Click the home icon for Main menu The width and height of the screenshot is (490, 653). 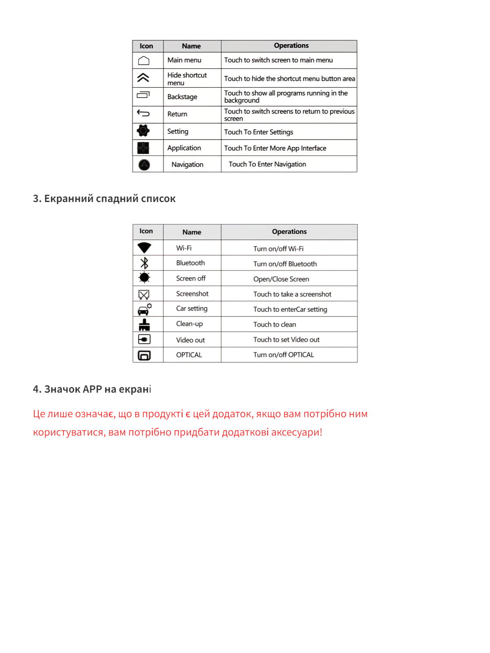coord(144,61)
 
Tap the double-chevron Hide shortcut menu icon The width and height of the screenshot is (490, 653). coord(143,78)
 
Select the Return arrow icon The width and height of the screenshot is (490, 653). coord(143,113)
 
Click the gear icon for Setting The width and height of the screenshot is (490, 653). coord(143,131)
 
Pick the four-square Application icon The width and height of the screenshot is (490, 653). coord(143,148)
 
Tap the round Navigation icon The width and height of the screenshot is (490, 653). coord(144,164)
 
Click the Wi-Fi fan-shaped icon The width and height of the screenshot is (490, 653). coord(144,247)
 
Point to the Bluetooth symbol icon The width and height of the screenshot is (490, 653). coord(144,263)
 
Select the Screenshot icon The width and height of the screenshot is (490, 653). coord(144,294)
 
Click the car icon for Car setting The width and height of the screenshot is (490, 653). coord(144,310)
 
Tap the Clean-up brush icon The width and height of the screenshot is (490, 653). coord(144,325)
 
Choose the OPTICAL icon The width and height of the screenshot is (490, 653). coord(144,355)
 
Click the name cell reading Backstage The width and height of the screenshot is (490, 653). coord(182,97)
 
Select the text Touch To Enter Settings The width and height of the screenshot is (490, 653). coord(258,132)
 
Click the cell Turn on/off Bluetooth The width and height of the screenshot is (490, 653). coord(285,264)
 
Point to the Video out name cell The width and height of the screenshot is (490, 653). coord(190,340)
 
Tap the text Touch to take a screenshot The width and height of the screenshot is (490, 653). coord(292,294)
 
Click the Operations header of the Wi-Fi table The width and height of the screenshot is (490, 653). coord(289,232)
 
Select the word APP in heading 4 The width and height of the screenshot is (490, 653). coord(92,389)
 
